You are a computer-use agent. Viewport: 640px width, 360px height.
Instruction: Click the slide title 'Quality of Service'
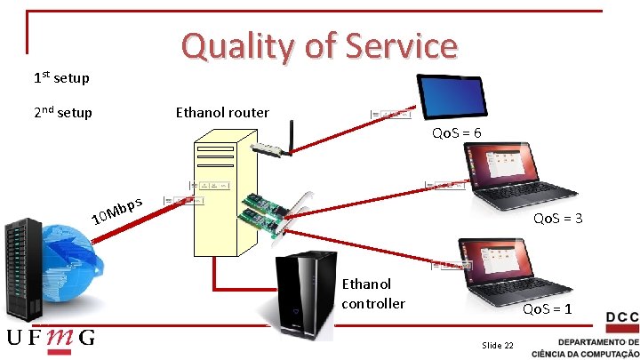point(319,46)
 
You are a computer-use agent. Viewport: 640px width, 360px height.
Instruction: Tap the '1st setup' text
point(60,78)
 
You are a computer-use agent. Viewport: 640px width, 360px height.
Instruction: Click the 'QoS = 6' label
point(457,133)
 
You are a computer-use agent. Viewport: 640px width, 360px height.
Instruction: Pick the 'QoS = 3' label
point(557,219)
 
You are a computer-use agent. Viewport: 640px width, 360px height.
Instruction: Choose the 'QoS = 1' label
point(547,309)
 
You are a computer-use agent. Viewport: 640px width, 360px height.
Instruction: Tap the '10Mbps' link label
point(117,209)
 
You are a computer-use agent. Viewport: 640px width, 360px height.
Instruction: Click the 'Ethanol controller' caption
point(373,293)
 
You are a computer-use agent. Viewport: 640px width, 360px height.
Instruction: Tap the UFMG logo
point(51,340)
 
